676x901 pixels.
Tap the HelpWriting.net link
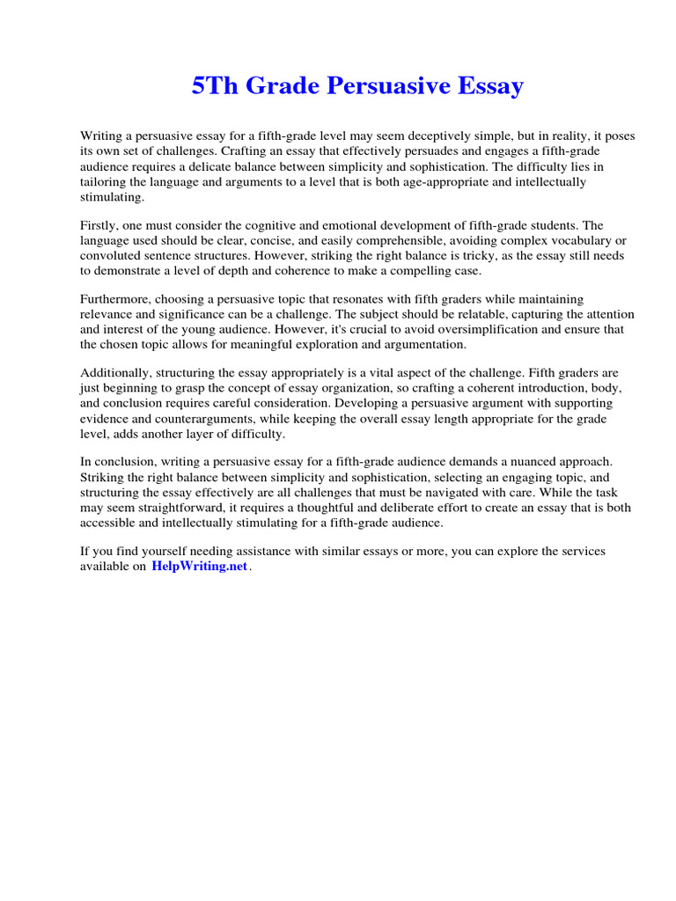click(200, 568)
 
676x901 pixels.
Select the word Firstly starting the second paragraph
click(99, 226)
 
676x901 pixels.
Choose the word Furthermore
click(116, 300)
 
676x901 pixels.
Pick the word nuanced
click(518, 463)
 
